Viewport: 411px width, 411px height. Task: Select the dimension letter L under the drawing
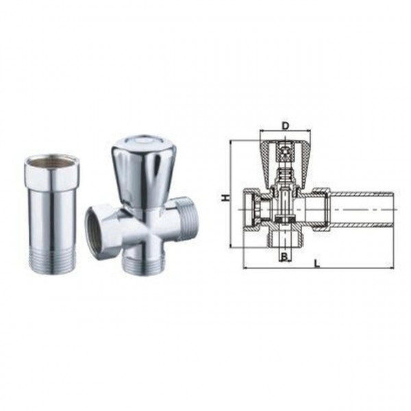[315, 262]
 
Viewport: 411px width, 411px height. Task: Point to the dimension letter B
[282, 256]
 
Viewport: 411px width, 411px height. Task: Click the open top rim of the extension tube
[51, 162]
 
